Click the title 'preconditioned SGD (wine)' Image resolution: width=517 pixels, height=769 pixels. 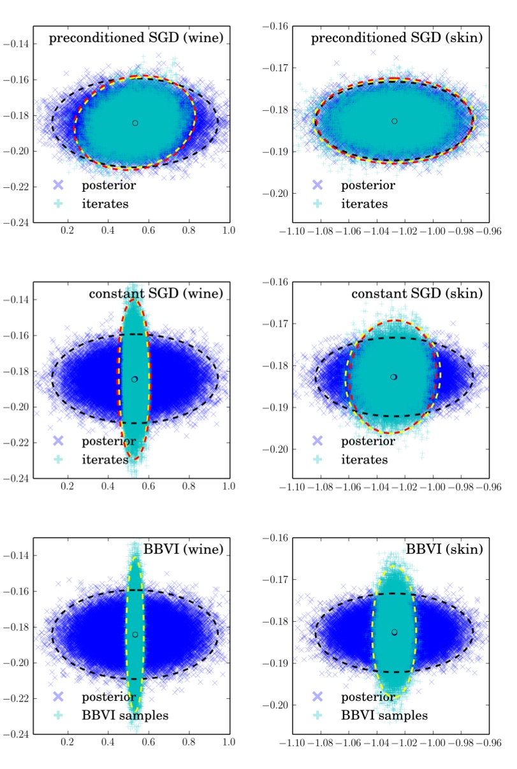point(136,39)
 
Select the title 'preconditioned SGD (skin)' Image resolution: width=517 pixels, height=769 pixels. point(396,38)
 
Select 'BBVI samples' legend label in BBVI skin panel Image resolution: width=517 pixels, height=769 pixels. point(384,715)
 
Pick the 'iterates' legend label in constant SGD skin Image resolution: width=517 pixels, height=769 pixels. point(364,459)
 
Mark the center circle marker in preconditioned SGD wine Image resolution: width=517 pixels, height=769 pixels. point(135,123)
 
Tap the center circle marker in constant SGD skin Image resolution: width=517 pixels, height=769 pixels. point(394,377)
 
